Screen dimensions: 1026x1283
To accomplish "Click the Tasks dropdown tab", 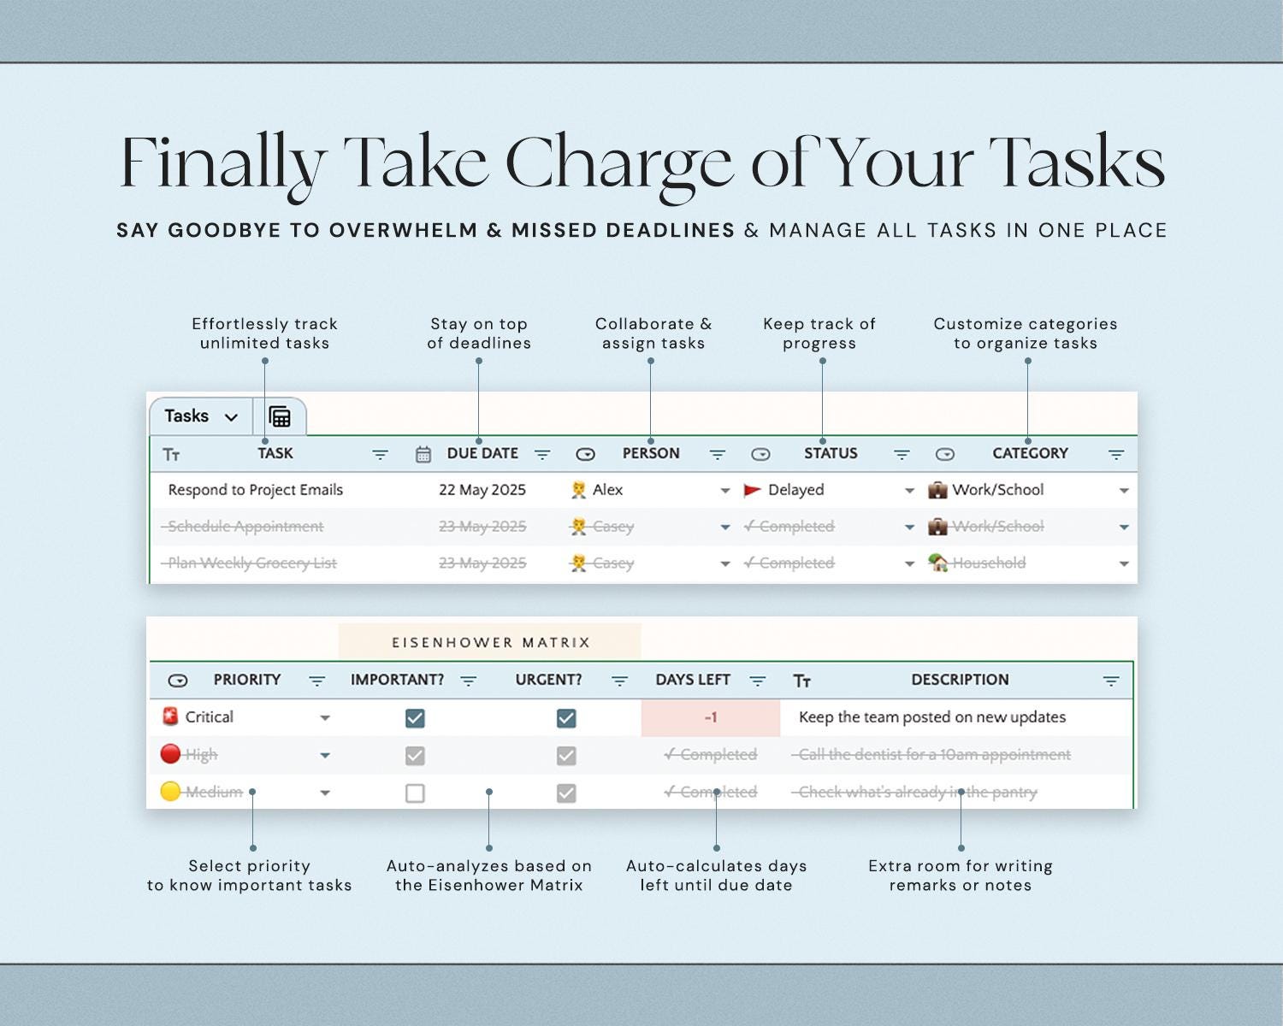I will [200, 416].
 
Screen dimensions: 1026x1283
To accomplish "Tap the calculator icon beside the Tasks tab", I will [280, 416].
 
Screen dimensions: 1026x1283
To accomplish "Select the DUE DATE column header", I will [482, 454].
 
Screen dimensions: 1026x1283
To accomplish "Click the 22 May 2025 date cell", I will [482, 490].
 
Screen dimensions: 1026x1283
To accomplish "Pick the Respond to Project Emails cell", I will [255, 490].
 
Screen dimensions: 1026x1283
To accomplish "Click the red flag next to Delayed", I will [752, 490].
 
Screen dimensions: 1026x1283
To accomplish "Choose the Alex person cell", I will [607, 490].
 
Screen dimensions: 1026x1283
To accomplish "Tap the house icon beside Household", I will [938, 563].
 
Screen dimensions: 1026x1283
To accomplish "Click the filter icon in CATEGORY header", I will [1115, 455].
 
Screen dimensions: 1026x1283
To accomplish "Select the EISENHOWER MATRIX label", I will [491, 642].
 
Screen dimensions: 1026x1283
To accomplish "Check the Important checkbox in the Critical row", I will [415, 718].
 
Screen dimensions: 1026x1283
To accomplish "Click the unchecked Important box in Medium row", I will [415, 793].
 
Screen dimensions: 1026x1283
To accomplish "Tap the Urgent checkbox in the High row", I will [565, 756].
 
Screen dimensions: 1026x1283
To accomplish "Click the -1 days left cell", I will [710, 718].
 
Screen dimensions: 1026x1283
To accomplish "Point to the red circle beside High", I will [170, 754].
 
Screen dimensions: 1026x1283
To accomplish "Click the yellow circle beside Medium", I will [170, 792].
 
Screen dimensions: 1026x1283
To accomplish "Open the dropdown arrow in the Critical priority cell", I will [325, 718].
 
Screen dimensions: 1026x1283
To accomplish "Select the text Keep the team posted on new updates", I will [931, 717].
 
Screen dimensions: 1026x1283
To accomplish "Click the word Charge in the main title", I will [619, 162].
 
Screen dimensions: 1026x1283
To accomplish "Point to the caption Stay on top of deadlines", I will [479, 333].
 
